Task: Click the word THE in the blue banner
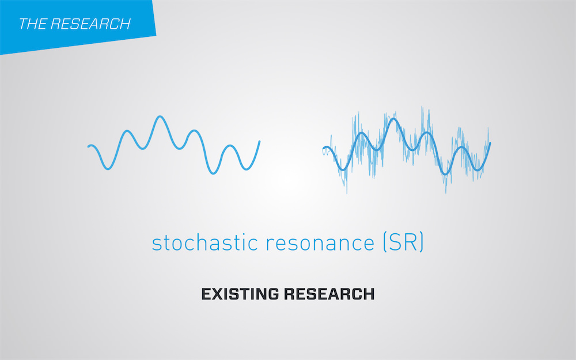pos(32,24)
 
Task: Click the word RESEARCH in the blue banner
pos(90,24)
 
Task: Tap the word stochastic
pos(205,242)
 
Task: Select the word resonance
pos(320,244)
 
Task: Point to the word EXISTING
pos(240,294)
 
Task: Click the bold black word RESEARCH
pos(329,294)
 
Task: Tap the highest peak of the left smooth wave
pos(160,117)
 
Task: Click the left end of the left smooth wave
pos(89,146)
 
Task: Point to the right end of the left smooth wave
pos(259,142)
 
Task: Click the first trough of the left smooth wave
pos(108,169)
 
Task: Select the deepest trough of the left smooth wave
pos(213,173)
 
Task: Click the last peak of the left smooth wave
pos(230,146)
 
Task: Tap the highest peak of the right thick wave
pos(393,119)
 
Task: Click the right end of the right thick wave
pos(490,143)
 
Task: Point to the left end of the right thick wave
pos(324,149)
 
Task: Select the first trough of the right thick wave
pos(342,169)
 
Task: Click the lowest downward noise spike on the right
pos(347,192)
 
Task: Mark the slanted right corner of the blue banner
pos(156,35)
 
